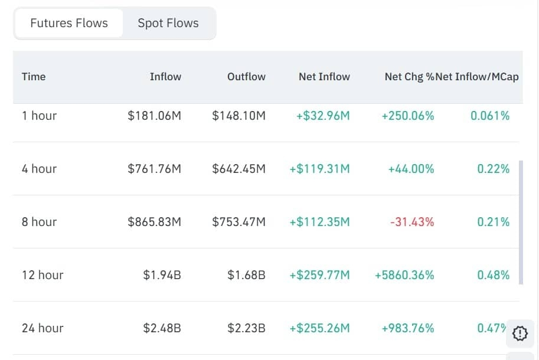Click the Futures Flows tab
[x=69, y=24]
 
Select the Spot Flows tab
[x=168, y=24]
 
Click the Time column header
[x=34, y=77]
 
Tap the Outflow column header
[x=246, y=77]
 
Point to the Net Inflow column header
[x=324, y=77]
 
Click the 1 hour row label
[x=39, y=116]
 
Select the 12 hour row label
[x=43, y=275]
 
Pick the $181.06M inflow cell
[x=154, y=116]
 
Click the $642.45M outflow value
[x=239, y=169]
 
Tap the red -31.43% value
[x=411, y=222]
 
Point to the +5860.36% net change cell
[x=404, y=275]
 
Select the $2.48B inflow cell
[x=162, y=328]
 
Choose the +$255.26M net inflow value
[x=319, y=328]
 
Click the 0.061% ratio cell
[x=490, y=116]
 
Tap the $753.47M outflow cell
[x=239, y=222]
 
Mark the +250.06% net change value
[x=407, y=116]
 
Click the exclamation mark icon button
[x=520, y=333]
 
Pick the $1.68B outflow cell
[x=246, y=275]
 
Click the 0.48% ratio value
[x=494, y=275]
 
